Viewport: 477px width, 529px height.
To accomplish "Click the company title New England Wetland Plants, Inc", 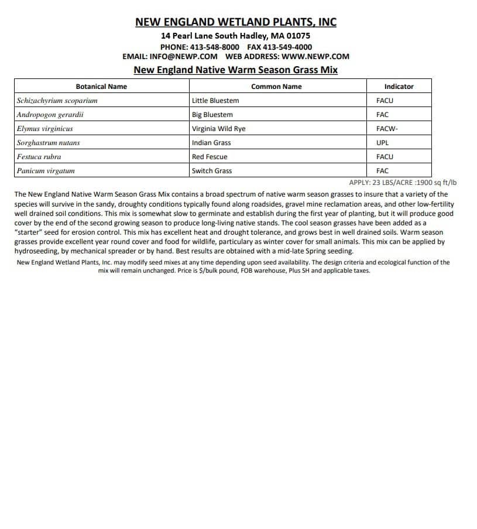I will pyautogui.click(x=236, y=22).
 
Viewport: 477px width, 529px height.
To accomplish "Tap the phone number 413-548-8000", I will pyautogui.click(x=214, y=47).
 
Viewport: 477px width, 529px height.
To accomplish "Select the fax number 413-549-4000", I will pyautogui.click(x=287, y=47).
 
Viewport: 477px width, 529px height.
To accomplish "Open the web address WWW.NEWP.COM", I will pyautogui.click(x=315, y=57).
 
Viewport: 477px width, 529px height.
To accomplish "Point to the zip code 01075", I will pyautogui.click(x=298, y=36).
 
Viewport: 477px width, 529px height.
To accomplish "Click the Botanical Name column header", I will pyautogui.click(x=101, y=87).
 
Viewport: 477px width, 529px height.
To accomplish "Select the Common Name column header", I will pyautogui.click(x=276, y=87).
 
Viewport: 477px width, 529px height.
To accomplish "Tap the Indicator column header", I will pyautogui.click(x=399, y=87).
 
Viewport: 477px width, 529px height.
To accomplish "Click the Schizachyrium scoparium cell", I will pyautogui.click(x=57, y=101).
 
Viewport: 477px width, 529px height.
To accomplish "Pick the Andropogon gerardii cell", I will pyautogui.click(x=50, y=115).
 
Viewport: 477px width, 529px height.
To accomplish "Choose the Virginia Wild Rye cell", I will pyautogui.click(x=219, y=129).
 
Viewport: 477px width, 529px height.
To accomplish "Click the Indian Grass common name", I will pyautogui.click(x=211, y=143).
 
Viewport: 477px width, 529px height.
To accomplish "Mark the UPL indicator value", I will pyautogui.click(x=382, y=143).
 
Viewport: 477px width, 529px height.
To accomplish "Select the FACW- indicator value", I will pyautogui.click(x=387, y=129).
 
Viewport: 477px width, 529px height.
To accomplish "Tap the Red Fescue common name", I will pyautogui.click(x=210, y=157).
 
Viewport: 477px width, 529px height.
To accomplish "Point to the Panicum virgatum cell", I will pyautogui.click(x=46, y=171).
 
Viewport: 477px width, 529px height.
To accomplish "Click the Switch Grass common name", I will pyautogui.click(x=212, y=171).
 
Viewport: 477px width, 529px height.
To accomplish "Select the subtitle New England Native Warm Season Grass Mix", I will pyautogui.click(x=236, y=70).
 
